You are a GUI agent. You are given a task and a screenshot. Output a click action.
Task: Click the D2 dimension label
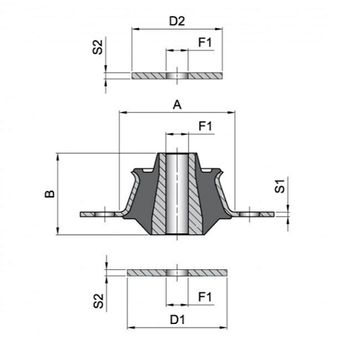pyautogui.click(x=177, y=21)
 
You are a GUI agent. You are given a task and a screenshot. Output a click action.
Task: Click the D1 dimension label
pyautogui.click(x=178, y=320)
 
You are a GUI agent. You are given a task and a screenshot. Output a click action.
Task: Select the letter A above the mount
pyautogui.click(x=177, y=105)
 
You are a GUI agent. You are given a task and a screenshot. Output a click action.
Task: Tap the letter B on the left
pyautogui.click(x=50, y=194)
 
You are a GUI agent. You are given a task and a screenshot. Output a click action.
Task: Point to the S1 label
pyautogui.click(x=279, y=186)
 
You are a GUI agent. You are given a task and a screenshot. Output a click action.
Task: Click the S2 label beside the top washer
pyautogui.click(x=98, y=47)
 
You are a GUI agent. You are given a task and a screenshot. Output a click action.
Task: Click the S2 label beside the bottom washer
pyautogui.click(x=98, y=301)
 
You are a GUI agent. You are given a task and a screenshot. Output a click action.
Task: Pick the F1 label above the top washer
pyautogui.click(x=205, y=42)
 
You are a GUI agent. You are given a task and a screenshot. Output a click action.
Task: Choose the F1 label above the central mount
pyautogui.click(x=205, y=126)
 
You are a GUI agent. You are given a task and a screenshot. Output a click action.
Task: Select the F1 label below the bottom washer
pyautogui.click(x=205, y=297)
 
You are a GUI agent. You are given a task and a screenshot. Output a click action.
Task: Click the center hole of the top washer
pyautogui.click(x=177, y=76)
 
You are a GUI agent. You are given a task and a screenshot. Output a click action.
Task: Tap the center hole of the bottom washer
pyautogui.click(x=177, y=273)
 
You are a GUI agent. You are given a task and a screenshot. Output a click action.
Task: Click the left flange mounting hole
pyautogui.click(x=104, y=214)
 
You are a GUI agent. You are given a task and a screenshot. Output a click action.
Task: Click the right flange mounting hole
pyautogui.click(x=250, y=214)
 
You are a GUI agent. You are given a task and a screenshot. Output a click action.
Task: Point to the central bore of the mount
pyautogui.click(x=177, y=194)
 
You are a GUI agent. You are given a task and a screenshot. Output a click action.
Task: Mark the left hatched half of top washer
pyautogui.click(x=149, y=76)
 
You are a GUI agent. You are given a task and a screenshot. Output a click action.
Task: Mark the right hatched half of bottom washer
pyautogui.click(x=207, y=273)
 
